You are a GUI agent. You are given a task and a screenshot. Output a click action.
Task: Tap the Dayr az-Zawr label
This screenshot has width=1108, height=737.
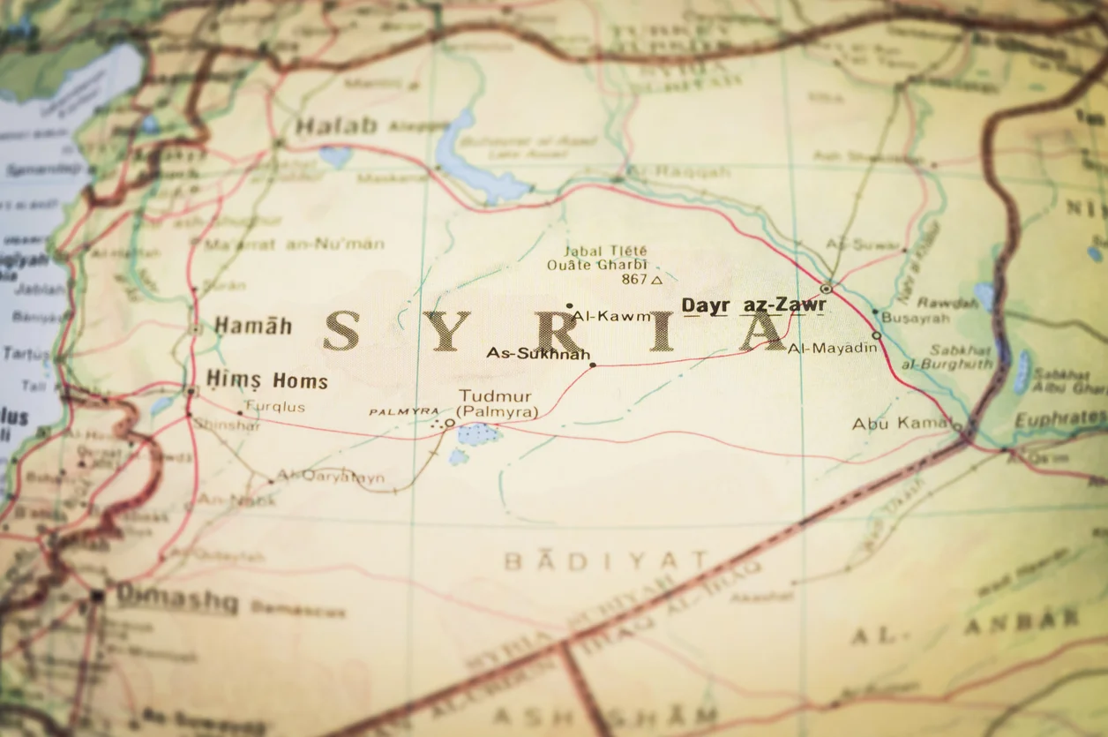click(x=753, y=305)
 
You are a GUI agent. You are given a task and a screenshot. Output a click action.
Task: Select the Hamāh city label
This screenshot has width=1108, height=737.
click(x=252, y=326)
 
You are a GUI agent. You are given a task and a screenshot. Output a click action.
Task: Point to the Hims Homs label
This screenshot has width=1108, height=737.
click(x=266, y=380)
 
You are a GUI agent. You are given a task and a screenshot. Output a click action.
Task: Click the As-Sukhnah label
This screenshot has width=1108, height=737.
click(x=538, y=353)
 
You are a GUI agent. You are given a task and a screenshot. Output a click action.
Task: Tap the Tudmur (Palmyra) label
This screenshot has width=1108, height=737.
click(x=498, y=404)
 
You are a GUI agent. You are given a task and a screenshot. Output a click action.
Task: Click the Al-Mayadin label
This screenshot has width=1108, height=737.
click(x=833, y=348)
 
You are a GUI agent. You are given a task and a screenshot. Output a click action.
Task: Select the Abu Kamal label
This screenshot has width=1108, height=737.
click(x=901, y=424)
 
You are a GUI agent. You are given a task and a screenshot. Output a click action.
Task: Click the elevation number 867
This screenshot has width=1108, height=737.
click(x=633, y=279)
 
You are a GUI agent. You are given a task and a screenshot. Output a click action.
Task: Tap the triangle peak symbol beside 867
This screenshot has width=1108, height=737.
click(x=655, y=280)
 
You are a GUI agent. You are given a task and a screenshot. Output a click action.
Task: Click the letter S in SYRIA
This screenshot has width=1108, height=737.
click(x=341, y=330)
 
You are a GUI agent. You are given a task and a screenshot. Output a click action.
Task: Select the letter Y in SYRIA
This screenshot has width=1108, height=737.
click(x=446, y=330)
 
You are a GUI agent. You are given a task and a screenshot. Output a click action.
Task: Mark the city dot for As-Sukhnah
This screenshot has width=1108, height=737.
click(x=593, y=365)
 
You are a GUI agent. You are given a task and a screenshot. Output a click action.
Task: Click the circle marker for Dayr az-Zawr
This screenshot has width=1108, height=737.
click(x=826, y=288)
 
